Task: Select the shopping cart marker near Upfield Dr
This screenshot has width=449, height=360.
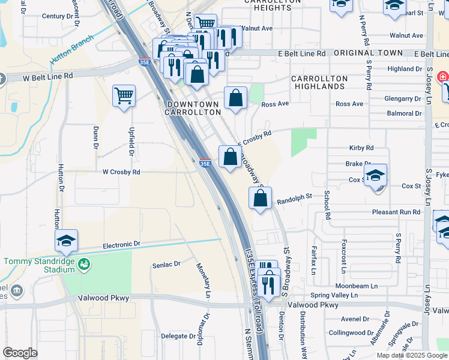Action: (124, 96)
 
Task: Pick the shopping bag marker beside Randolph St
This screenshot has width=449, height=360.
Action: (260, 199)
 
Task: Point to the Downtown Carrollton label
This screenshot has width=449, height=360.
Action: (193, 108)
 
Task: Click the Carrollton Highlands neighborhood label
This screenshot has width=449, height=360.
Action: (319, 82)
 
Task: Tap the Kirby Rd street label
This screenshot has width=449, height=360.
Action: (361, 148)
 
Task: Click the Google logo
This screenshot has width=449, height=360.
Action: (20, 353)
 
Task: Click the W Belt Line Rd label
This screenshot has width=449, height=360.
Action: (47, 76)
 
